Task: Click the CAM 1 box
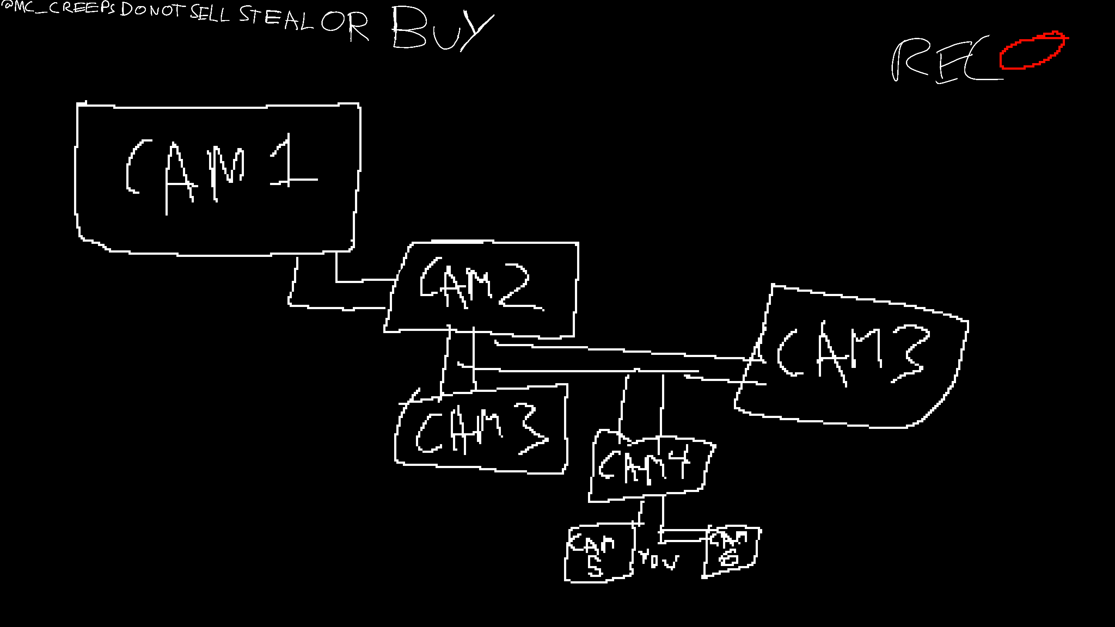[x=218, y=179]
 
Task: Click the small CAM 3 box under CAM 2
[x=481, y=429]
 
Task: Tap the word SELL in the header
[x=210, y=14]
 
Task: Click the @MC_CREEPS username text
[x=59, y=8]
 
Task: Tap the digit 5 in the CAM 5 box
[x=595, y=566]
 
